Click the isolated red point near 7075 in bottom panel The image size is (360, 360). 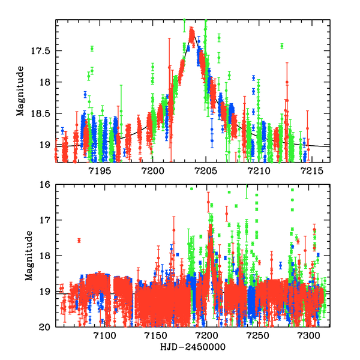[79, 241]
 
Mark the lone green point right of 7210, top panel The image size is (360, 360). [282, 46]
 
